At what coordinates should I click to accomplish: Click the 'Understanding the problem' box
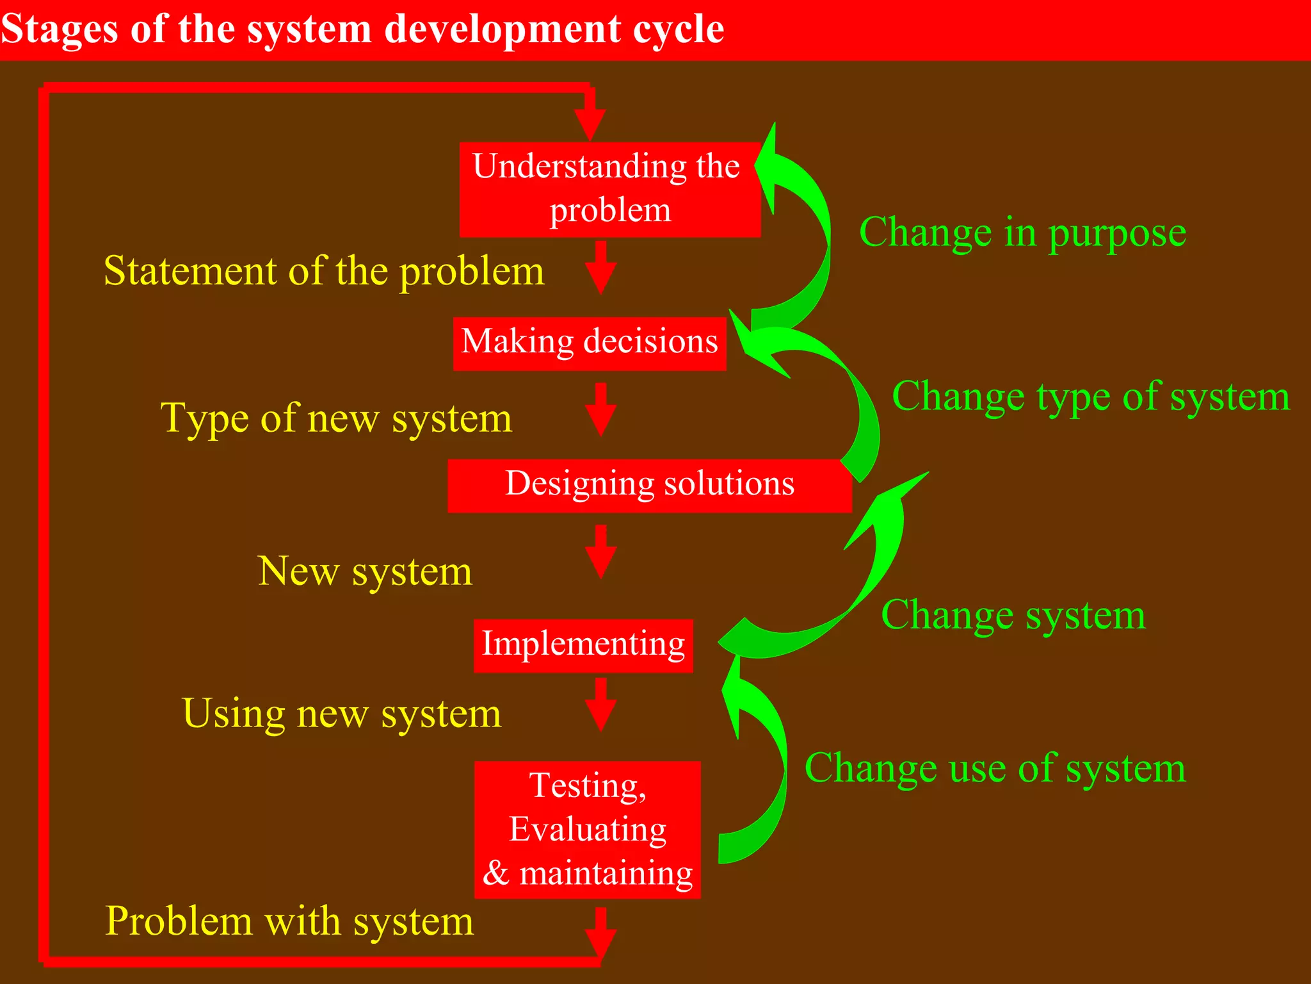point(609,189)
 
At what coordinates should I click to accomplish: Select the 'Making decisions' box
point(589,343)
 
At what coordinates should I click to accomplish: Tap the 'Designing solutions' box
point(649,485)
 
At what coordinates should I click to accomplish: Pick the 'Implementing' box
point(583,645)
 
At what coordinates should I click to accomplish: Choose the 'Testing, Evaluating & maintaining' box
point(587,829)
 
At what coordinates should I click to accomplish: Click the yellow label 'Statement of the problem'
point(324,272)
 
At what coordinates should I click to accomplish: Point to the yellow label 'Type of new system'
point(336,419)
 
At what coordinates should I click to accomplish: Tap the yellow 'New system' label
point(365,571)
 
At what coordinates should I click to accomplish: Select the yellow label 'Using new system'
point(341,714)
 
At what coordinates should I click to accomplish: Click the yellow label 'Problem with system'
point(289,921)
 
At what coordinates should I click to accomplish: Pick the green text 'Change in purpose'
point(1022,233)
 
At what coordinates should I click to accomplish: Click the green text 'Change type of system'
point(1091,397)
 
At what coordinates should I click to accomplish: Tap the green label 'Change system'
point(1013,616)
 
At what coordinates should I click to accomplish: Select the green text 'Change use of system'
point(995,768)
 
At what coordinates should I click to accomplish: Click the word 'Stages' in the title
point(60,29)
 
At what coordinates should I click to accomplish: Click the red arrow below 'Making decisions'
point(600,410)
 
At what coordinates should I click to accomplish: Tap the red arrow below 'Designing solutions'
point(600,552)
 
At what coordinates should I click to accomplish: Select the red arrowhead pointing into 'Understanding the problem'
point(590,122)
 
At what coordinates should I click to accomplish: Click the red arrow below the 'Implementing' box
point(600,705)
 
